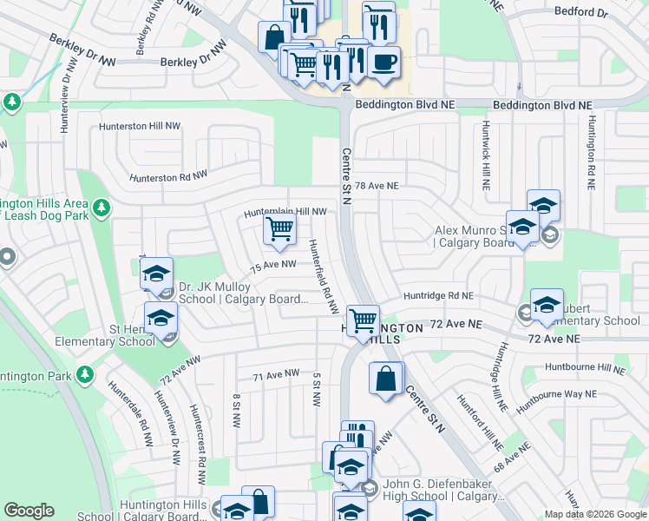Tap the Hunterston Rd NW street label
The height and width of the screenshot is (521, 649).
[168, 177]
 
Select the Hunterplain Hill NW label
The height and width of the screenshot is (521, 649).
[285, 211]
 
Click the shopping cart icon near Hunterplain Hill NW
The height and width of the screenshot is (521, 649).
[279, 230]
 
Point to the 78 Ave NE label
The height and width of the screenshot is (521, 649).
[377, 186]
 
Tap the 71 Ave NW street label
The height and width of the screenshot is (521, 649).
[276, 375]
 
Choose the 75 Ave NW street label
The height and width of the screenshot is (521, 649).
[273, 266]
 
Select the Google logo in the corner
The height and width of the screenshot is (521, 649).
[29, 511]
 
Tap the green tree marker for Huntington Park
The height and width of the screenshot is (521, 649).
[84, 374]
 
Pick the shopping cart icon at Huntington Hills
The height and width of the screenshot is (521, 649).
[362, 320]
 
